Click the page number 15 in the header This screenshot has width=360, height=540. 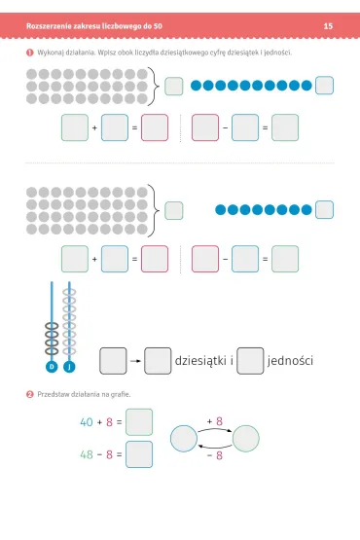pyautogui.click(x=328, y=26)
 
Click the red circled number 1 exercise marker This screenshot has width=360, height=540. pyautogui.click(x=29, y=53)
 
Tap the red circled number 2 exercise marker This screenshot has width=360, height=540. pyautogui.click(x=29, y=394)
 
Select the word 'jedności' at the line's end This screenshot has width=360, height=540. pyautogui.click(x=290, y=361)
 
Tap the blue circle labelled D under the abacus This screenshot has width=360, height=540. pyautogui.click(x=52, y=367)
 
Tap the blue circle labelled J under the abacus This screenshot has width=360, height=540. pyautogui.click(x=69, y=367)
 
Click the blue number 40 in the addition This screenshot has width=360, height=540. pyautogui.click(x=87, y=422)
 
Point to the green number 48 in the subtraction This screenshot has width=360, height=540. pyautogui.click(x=87, y=454)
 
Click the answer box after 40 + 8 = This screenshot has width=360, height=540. pyautogui.click(x=139, y=422)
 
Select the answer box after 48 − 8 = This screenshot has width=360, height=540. pyautogui.click(x=139, y=454)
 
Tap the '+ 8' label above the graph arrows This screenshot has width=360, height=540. pyautogui.click(x=215, y=421)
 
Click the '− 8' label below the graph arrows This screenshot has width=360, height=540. pyautogui.click(x=215, y=455)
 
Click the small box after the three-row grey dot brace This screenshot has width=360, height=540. pyautogui.click(x=173, y=86)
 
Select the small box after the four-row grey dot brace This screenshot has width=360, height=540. pyautogui.click(x=173, y=210)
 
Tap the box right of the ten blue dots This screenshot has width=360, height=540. pyautogui.click(x=325, y=86)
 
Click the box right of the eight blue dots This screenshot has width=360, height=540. pyautogui.click(x=325, y=210)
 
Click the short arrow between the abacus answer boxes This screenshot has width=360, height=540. pyautogui.click(x=135, y=361)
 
